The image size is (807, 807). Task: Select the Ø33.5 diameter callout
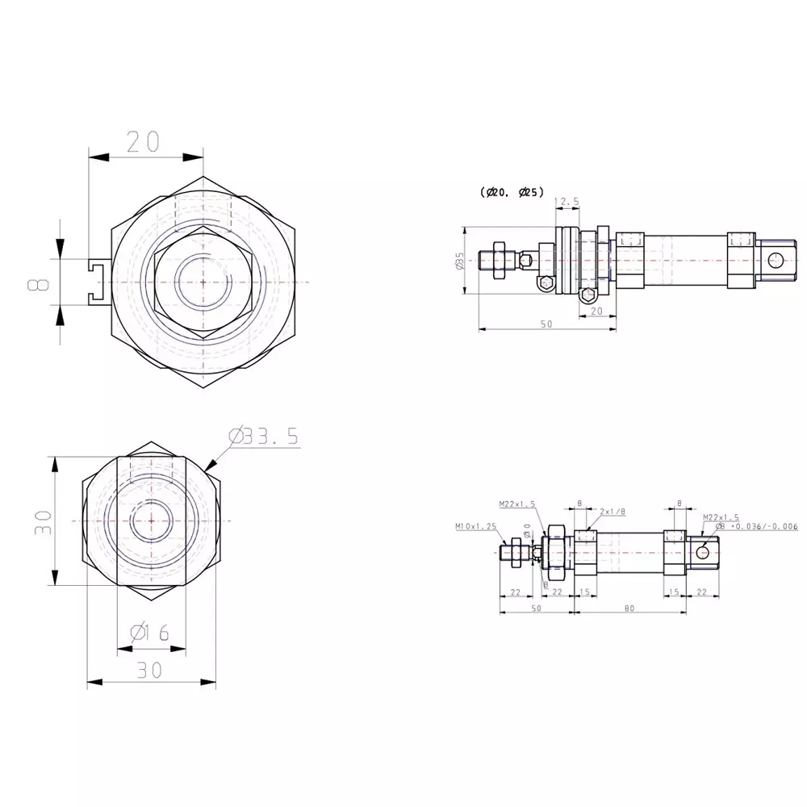(264, 437)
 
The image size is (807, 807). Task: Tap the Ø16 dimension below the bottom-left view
(149, 632)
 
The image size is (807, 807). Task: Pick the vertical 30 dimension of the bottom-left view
(43, 522)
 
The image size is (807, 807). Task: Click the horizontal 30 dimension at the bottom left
(149, 669)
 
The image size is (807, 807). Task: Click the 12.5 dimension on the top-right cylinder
(567, 200)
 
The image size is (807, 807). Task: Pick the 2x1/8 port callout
(613, 512)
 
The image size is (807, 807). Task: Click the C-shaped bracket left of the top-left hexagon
(98, 282)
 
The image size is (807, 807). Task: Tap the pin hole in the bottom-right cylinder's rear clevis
(704, 551)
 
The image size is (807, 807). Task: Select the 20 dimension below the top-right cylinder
(597, 311)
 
